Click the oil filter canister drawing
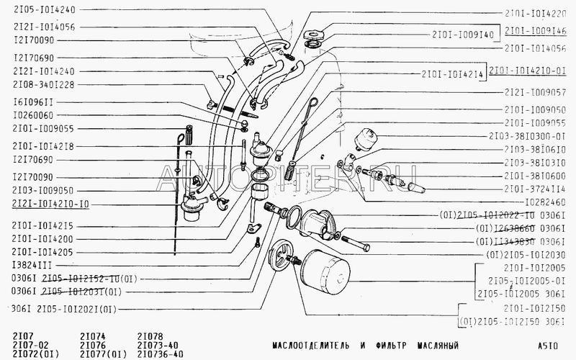(x=325, y=276)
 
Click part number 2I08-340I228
(x=44, y=84)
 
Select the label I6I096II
(x=34, y=102)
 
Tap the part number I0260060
(x=34, y=115)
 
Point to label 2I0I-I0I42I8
(x=44, y=145)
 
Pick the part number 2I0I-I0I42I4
(x=452, y=73)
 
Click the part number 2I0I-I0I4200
(x=44, y=239)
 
